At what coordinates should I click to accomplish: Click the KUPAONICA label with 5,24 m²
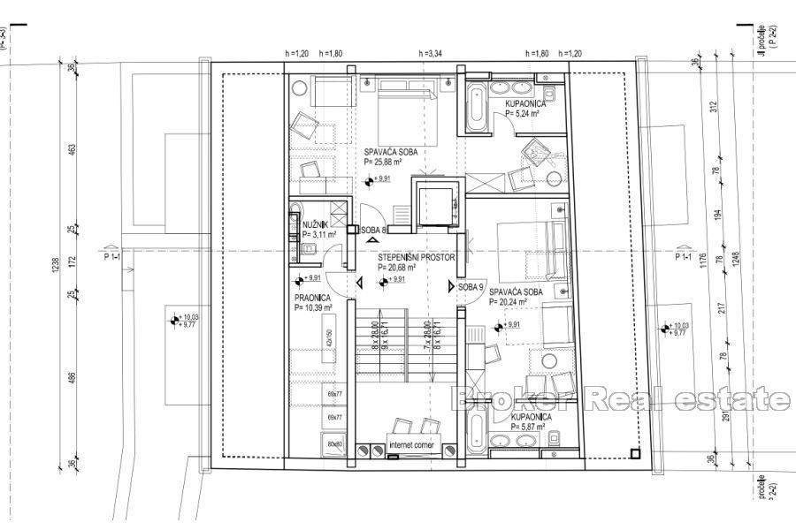click(530, 103)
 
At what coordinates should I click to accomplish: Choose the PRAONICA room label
click(313, 299)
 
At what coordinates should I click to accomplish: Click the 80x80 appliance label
click(334, 444)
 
